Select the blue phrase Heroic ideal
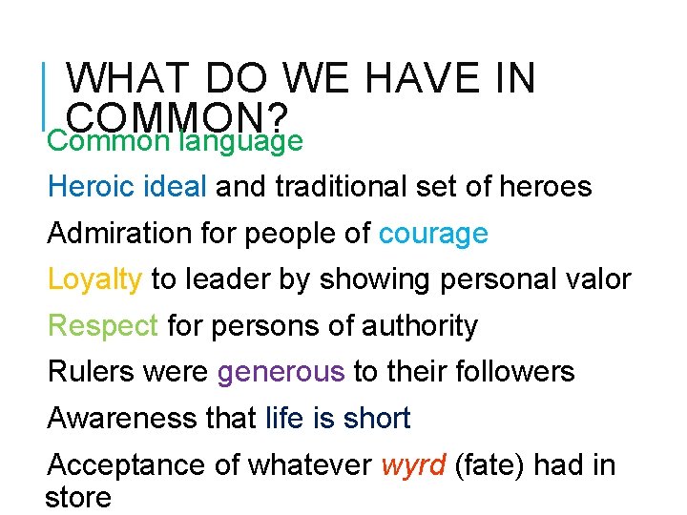127,186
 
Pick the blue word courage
433,233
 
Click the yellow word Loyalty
95,279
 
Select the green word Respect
103,325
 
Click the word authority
420,325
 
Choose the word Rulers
92,372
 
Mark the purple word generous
281,372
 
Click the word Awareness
118,419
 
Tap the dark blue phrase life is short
338,419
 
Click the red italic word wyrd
413,465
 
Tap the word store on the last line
78,497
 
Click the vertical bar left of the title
47,96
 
